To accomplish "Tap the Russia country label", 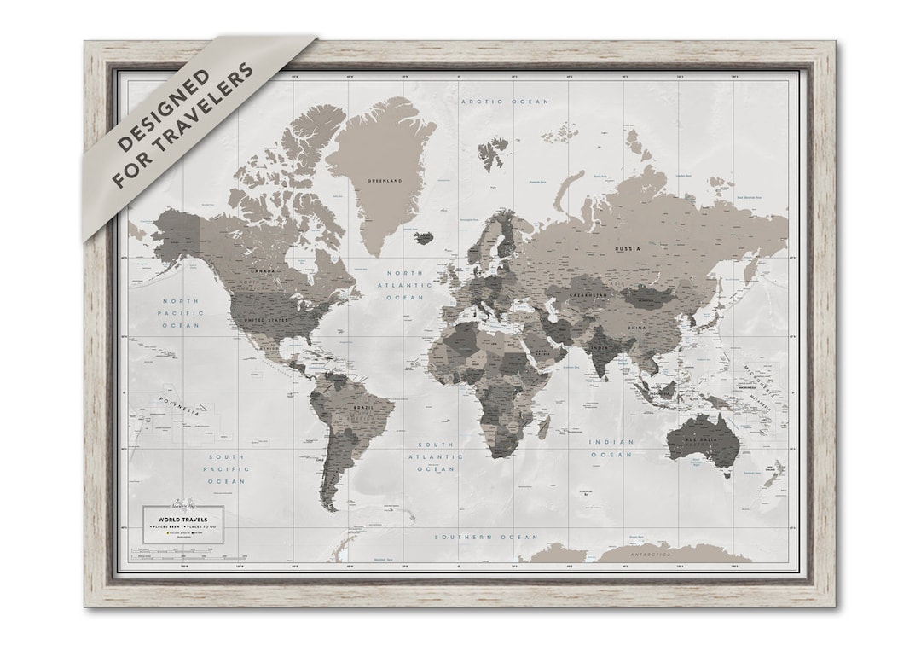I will [627, 249].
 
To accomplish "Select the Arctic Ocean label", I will [505, 102].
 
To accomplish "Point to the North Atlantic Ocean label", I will [405, 285].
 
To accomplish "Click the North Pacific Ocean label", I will [181, 313].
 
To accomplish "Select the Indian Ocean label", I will [611, 448].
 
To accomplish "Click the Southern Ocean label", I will [486, 537].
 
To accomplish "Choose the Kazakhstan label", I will [588, 295].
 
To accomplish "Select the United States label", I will [266, 319].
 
